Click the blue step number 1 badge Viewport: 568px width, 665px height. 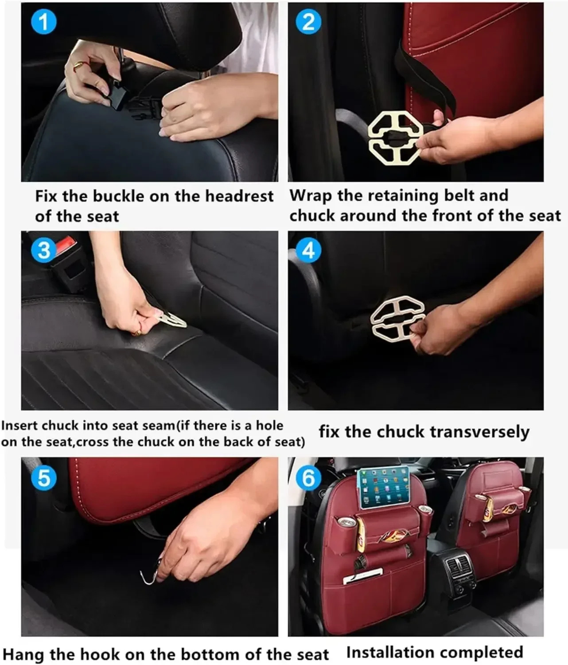pyautogui.click(x=44, y=22)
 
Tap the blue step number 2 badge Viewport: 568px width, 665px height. pyautogui.click(x=308, y=22)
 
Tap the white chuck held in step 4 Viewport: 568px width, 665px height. pyautogui.click(x=398, y=319)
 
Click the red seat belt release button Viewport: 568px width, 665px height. pyautogui.click(x=66, y=245)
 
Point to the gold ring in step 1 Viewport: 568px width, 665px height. pyautogui.click(x=78, y=66)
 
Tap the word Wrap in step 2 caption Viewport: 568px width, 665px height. pyautogui.click(x=310, y=196)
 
